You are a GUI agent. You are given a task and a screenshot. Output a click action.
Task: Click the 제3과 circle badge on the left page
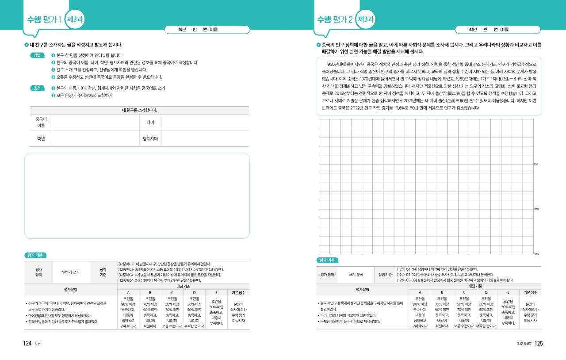point(75,19)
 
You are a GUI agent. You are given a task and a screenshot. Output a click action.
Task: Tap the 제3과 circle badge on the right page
point(365,19)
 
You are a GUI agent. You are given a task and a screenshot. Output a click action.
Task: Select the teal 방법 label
point(37,55)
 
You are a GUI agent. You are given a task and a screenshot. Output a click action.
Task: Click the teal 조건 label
point(37,88)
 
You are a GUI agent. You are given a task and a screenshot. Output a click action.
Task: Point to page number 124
point(27,343)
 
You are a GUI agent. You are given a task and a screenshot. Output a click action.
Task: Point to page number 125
point(538,343)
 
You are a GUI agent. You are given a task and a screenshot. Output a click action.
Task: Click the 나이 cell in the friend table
point(150,122)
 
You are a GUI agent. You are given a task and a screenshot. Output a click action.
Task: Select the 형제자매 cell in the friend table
point(150,138)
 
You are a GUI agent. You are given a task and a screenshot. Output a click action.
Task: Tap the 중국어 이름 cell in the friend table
point(41,122)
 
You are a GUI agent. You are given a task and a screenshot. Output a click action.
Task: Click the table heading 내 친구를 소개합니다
point(139,110)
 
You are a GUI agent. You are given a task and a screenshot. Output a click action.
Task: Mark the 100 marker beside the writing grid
point(536,164)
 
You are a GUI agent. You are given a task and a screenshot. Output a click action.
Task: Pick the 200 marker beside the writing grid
point(536,209)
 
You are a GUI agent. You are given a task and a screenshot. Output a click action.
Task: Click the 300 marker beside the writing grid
point(536,254)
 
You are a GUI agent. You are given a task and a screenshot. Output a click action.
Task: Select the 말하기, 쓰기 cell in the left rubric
point(71,272)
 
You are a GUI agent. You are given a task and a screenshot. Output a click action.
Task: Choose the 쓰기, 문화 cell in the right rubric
point(356,274)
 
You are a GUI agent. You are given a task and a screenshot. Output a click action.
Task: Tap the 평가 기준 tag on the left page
point(35,255)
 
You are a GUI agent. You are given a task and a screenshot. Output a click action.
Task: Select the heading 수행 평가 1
point(44,19)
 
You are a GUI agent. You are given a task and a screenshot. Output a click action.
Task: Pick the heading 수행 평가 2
point(335,19)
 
